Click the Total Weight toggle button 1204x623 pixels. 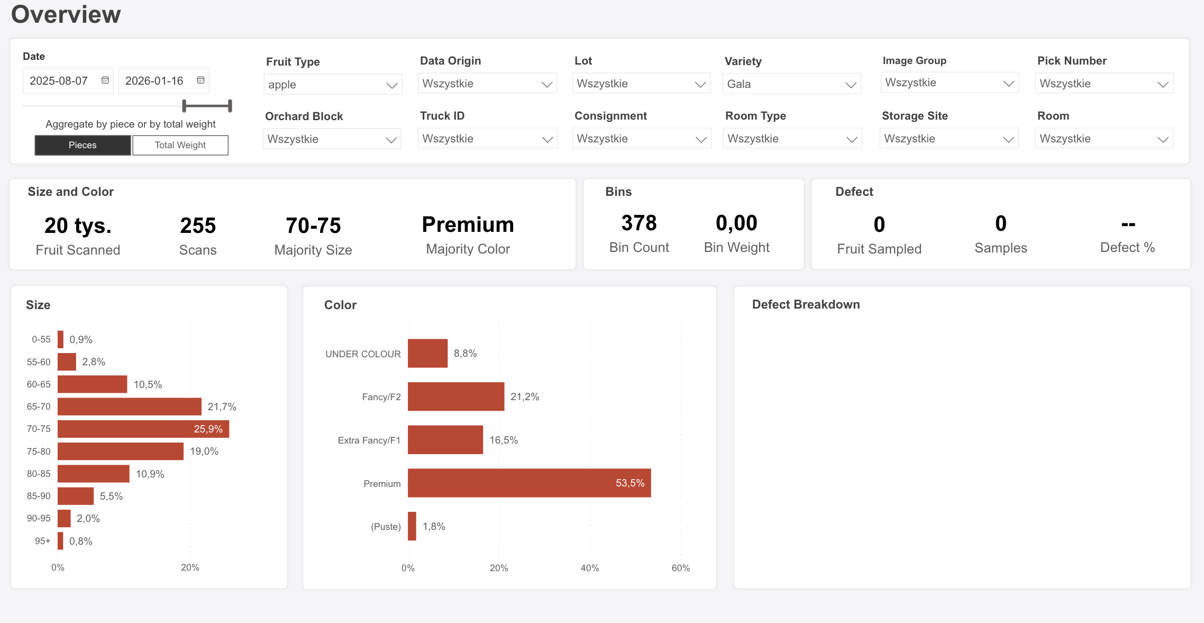180,145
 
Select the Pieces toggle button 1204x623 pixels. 83,145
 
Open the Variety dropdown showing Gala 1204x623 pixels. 791,84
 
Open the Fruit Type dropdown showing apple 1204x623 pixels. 332,85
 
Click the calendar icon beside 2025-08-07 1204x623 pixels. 105,80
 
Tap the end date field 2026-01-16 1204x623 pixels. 154,81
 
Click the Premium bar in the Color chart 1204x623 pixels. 529,483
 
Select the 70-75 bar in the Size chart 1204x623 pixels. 143,429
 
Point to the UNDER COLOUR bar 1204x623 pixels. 427,354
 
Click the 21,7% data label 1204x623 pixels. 222,407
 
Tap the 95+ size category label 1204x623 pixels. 42,541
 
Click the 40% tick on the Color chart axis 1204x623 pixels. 590,568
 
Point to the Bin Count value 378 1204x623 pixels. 639,223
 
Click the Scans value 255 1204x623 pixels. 198,226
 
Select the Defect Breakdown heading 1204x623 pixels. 806,304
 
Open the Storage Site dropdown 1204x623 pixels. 948,139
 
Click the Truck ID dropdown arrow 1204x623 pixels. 547,139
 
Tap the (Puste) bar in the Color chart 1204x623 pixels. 412,527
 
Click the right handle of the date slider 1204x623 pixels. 230,106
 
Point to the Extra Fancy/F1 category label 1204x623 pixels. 369,440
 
